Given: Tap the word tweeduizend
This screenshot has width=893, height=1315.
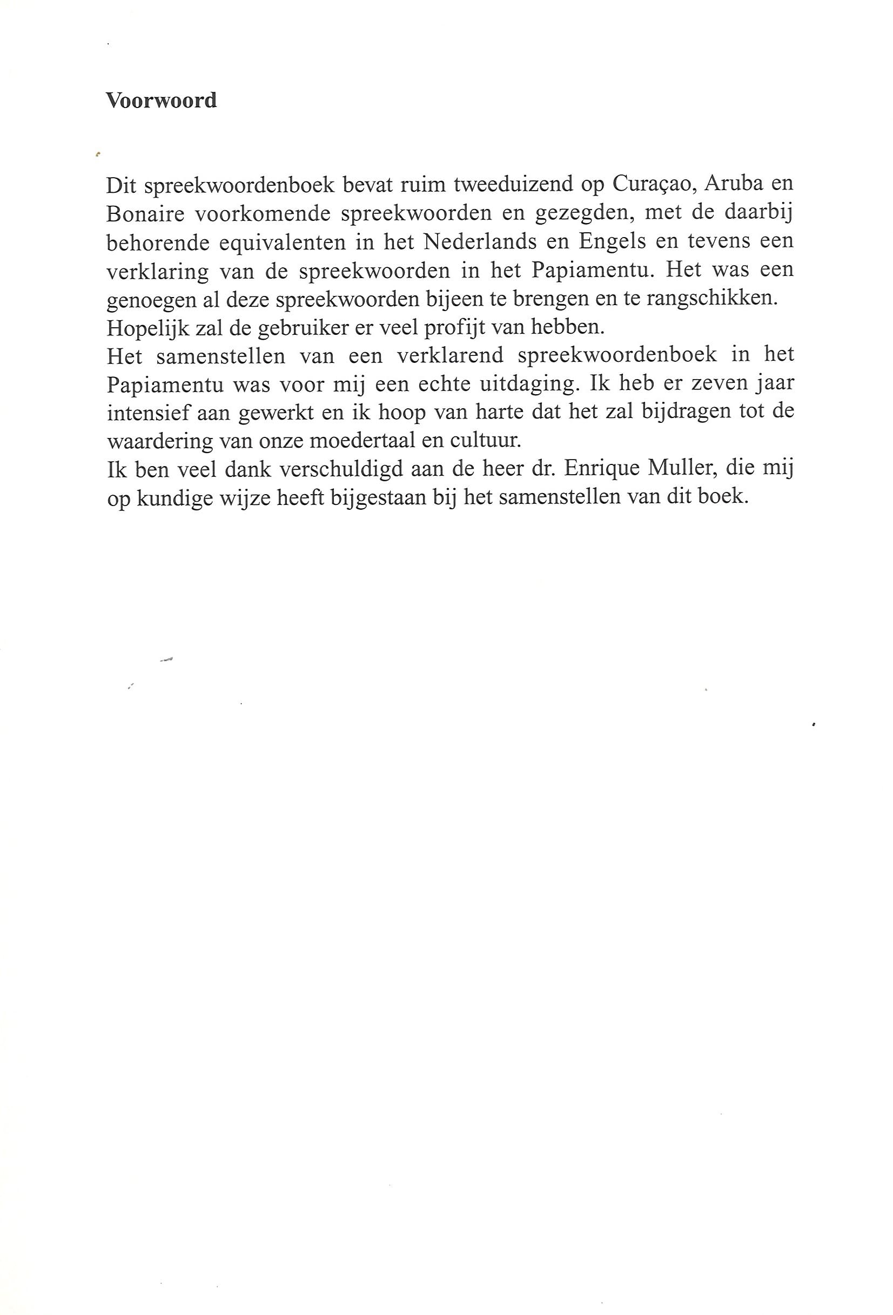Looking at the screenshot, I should pyautogui.click(x=513, y=185).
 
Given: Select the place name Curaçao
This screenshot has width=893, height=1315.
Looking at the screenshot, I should pyautogui.click(x=650, y=185).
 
